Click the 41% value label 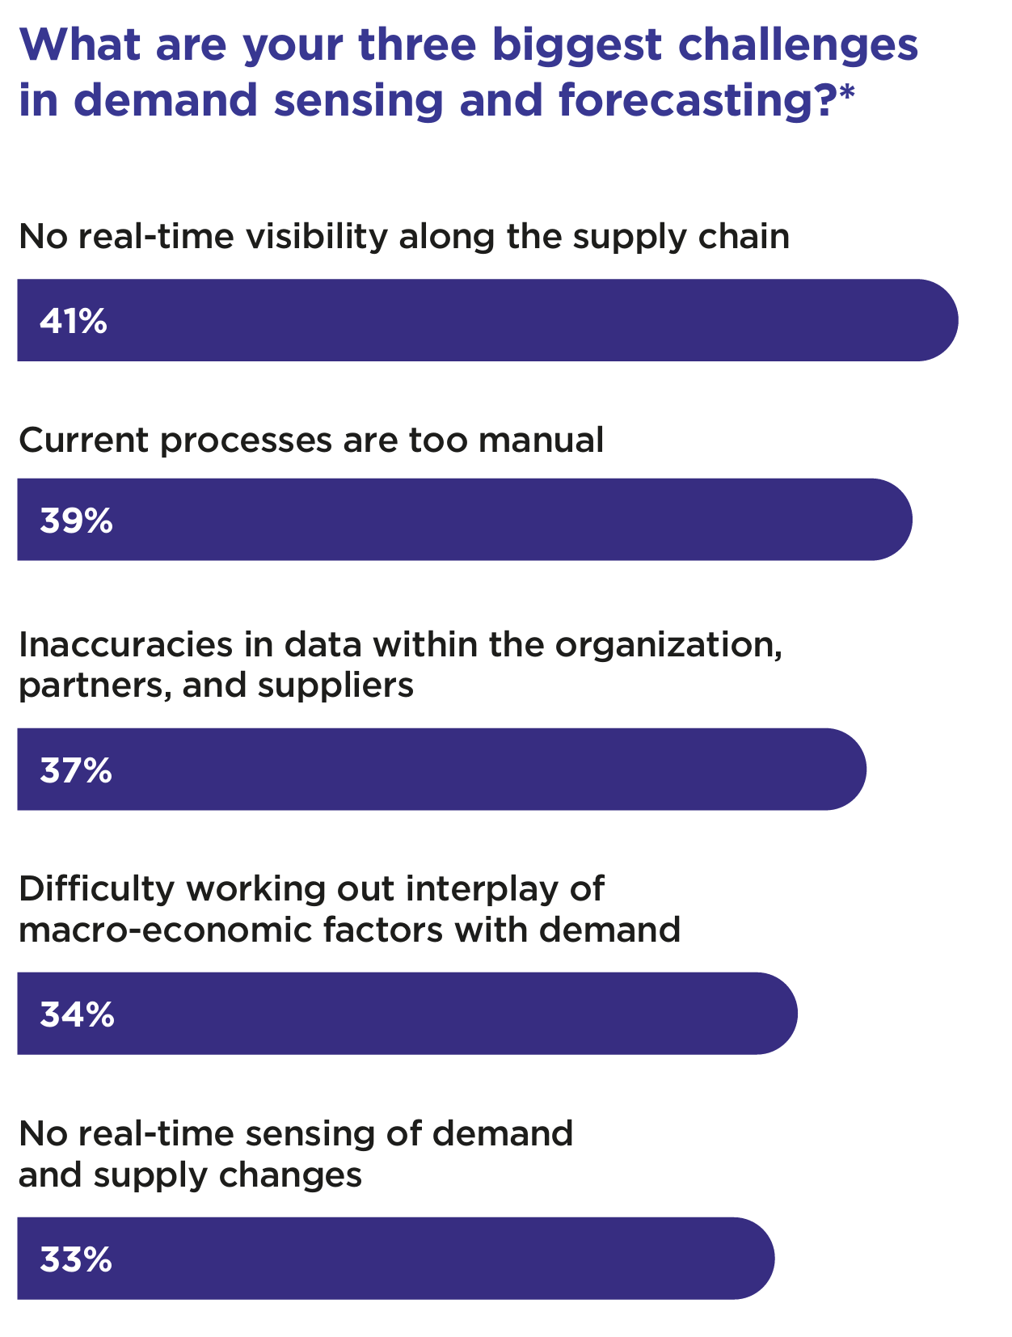click(x=74, y=322)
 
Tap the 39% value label click(x=76, y=521)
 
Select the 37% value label click(x=76, y=771)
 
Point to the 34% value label click(x=77, y=1014)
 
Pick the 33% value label click(x=76, y=1259)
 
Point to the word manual click(x=541, y=441)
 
